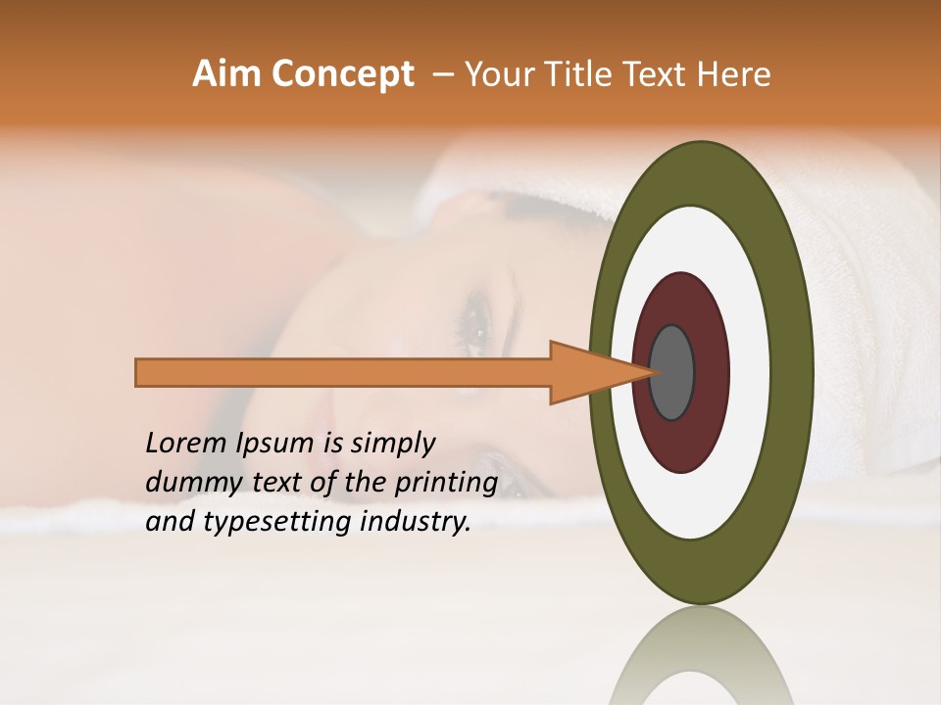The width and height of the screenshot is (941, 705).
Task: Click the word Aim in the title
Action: coord(228,74)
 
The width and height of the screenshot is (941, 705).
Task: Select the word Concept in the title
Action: coord(343,74)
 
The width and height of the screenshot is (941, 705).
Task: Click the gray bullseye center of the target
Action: coord(672,372)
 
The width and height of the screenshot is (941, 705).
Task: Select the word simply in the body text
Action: coord(392,444)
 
